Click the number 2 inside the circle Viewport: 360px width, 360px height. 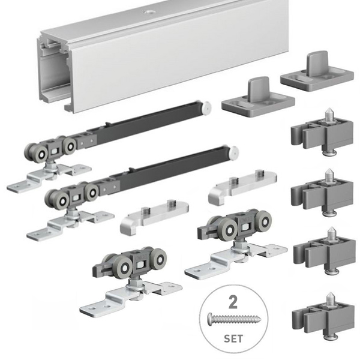[233, 302]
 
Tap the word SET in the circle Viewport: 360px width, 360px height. [233, 339]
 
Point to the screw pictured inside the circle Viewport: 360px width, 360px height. [235, 318]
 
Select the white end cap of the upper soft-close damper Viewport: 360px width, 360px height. [206, 107]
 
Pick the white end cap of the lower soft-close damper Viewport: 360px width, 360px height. [234, 152]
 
